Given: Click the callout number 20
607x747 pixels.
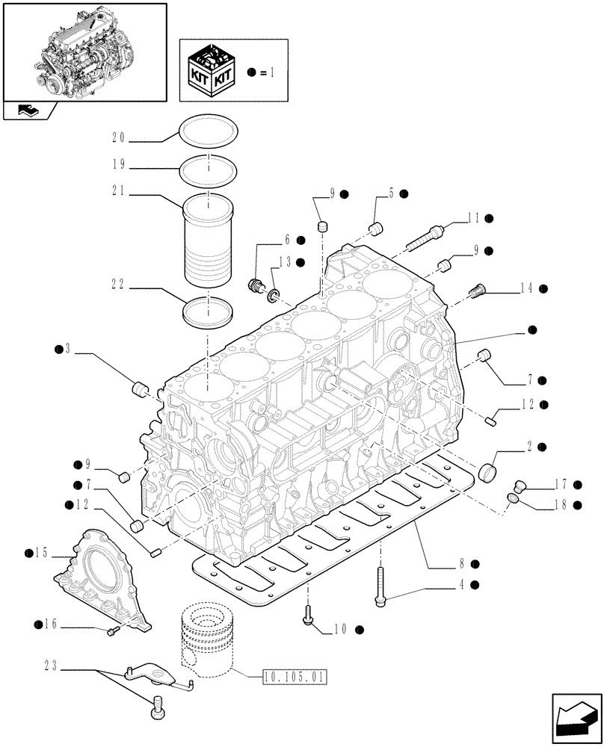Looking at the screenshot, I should [118, 138].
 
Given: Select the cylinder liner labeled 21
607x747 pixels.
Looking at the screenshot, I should [206, 241].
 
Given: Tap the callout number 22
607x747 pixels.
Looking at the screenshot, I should [118, 285].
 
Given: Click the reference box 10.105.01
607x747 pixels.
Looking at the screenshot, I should [295, 678].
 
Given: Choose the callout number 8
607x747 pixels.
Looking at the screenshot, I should [463, 564].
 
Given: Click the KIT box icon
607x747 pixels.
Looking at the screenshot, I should [212, 72].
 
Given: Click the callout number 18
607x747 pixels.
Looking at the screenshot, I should [561, 505].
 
